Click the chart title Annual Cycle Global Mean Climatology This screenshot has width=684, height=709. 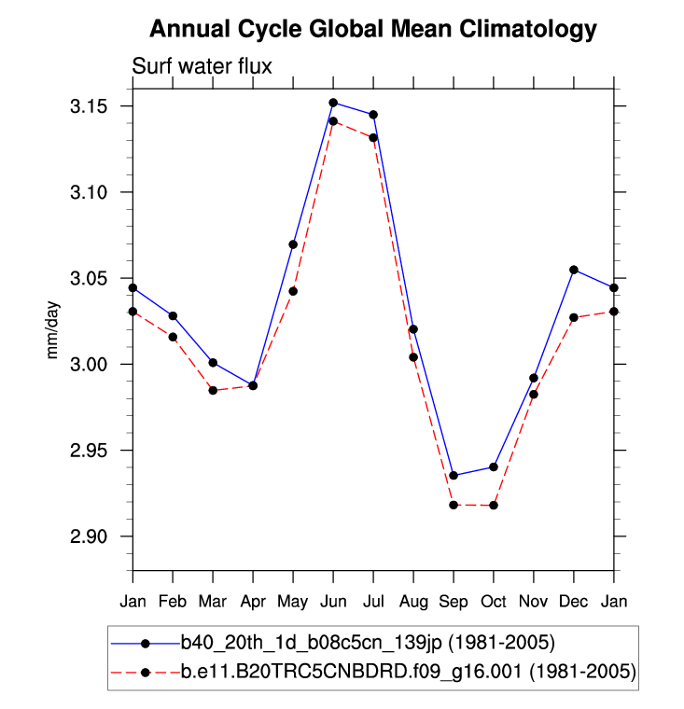tap(372, 30)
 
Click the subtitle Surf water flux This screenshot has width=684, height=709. tap(201, 66)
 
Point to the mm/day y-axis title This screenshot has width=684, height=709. tap(54, 329)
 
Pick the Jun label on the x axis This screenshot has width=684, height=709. tap(333, 600)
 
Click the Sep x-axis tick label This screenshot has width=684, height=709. tap(454, 600)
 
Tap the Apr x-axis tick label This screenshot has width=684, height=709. tap(253, 600)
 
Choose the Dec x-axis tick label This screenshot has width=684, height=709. tap(573, 600)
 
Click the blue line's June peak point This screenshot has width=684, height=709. tap(333, 103)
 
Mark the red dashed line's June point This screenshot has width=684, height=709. tap(333, 121)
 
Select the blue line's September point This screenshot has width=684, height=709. tap(454, 476)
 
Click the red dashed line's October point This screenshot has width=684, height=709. tap(494, 506)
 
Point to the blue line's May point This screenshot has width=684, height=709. tap(293, 244)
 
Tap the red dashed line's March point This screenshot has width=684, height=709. tap(213, 390)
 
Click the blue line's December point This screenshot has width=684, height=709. tap(574, 270)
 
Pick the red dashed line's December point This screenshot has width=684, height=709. tap(574, 318)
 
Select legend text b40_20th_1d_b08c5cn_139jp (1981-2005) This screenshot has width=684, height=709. tap(369, 643)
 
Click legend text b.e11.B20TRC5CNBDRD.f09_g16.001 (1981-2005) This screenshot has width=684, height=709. tap(409, 672)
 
